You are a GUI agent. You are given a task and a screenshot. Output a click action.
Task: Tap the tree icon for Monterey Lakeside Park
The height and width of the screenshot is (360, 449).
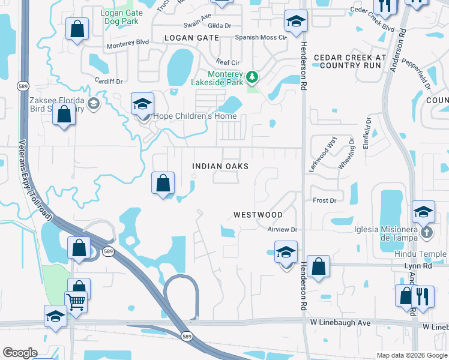253,77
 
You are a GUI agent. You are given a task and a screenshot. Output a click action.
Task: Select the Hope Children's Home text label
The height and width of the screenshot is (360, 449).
195,116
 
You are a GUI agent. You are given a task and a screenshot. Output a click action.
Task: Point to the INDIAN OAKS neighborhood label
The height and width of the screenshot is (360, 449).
220,166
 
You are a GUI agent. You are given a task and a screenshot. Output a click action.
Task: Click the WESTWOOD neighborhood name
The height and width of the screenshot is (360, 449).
258,214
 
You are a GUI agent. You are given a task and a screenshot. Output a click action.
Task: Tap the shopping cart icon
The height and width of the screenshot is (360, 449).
76,301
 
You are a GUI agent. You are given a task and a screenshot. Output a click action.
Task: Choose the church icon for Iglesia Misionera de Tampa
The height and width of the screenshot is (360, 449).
426,232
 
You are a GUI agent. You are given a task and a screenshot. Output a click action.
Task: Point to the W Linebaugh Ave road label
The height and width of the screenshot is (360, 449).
340,323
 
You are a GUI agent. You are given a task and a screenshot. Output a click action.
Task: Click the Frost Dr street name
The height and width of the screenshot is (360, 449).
324,200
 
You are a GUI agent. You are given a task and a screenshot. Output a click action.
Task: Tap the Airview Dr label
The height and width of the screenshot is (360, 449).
282,230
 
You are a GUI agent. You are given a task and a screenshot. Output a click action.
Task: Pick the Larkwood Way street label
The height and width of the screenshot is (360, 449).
322,154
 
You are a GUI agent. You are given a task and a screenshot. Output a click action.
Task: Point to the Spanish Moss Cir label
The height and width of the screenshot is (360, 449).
261,37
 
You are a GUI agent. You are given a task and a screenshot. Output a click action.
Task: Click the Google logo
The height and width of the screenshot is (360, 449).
20,353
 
